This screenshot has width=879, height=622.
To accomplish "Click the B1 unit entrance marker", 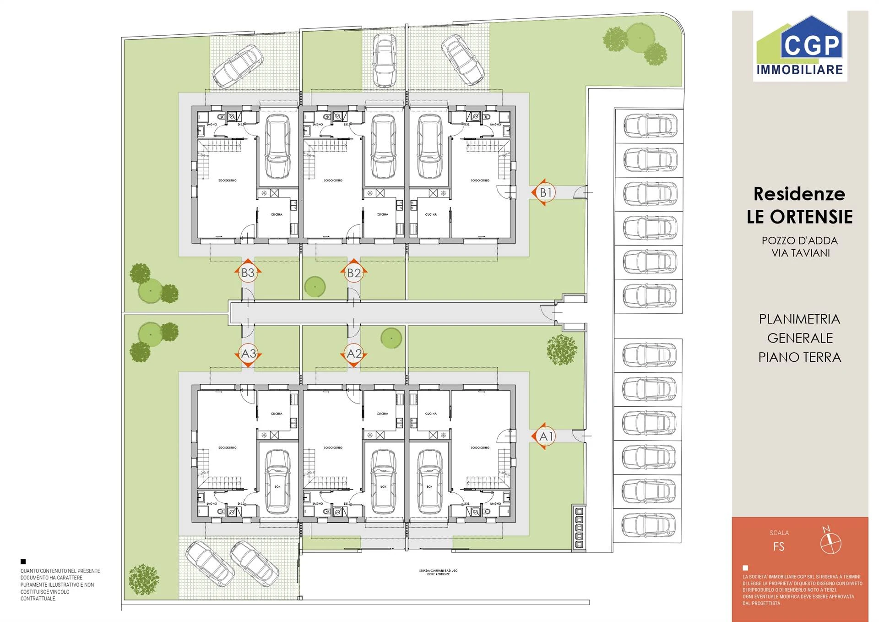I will pos(545,192).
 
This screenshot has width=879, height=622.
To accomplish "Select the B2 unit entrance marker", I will pos(354,273).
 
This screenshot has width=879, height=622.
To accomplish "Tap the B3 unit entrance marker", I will pos(248,273).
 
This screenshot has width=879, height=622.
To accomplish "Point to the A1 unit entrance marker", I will pos(545,436).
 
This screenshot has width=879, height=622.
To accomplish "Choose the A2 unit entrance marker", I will pos(354,354).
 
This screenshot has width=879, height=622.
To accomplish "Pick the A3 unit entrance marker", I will pos(248,354).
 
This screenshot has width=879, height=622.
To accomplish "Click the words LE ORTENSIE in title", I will pos(799,217).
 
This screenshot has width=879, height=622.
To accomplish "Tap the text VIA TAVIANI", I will pos(800,253).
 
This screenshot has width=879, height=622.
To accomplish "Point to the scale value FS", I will pos(779,546).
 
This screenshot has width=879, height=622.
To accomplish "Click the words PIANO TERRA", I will pos(799,357).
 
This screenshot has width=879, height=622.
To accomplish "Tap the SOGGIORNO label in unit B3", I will pos(228,180).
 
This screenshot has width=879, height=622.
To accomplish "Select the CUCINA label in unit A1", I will pos(431,414).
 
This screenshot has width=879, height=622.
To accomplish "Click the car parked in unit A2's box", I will pos(383,481).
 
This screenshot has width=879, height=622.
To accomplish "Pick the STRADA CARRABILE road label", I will pos(438,572).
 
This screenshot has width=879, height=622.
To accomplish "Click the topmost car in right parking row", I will pos(650,126).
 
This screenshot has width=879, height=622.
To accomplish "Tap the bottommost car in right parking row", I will pos(648,525).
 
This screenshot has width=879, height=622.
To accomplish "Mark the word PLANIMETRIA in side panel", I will pos(799,319).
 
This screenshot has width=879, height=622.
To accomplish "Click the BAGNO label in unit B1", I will pos(495,125).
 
